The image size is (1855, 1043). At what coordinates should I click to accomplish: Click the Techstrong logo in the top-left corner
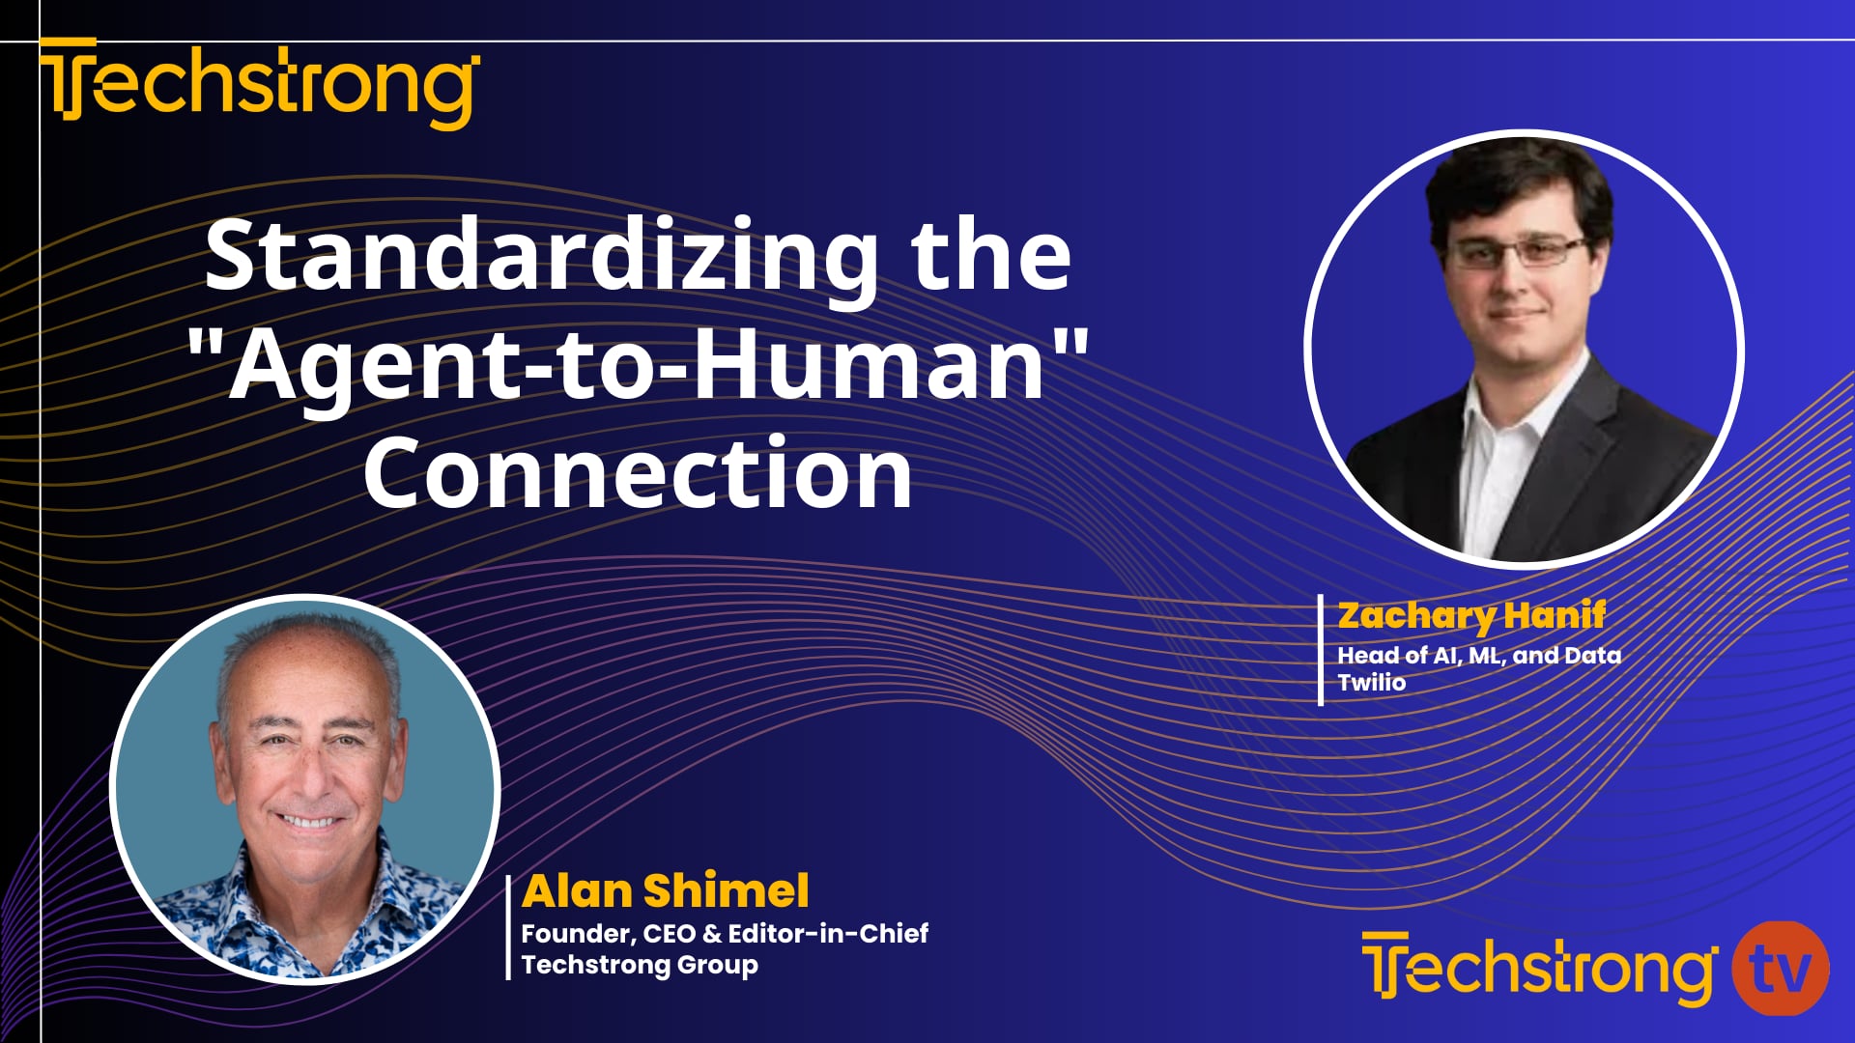point(259,83)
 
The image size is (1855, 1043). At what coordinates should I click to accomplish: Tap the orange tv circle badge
point(1780,968)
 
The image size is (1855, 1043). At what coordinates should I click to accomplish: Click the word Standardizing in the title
point(541,255)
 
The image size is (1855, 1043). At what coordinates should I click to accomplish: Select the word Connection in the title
point(638,472)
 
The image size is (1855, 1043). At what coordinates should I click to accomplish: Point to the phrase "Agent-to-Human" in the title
point(638,365)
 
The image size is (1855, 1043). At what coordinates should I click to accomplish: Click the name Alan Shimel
point(665,890)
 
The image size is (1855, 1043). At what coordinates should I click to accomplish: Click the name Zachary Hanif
point(1470,615)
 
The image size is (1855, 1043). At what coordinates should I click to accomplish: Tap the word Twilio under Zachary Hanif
point(1371,682)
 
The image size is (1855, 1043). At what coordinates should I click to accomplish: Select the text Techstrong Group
point(640,964)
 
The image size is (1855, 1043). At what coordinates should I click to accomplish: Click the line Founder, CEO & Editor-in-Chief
point(725,933)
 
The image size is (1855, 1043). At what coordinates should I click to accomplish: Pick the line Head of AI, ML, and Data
point(1478,655)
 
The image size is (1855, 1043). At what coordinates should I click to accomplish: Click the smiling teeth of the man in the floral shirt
point(307,822)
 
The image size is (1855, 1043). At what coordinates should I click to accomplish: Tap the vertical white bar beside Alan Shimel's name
point(508,927)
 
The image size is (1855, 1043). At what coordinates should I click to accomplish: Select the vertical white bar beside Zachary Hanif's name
point(1321,650)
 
